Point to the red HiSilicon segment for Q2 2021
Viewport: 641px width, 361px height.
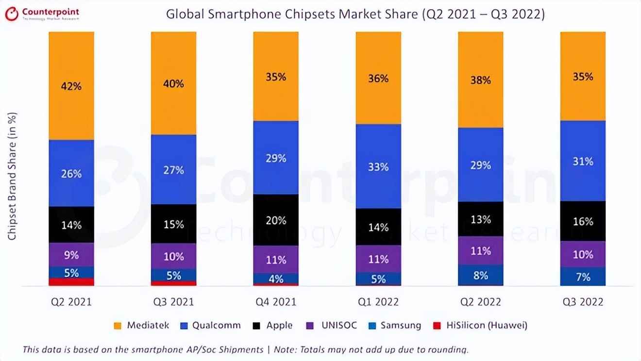click(71, 282)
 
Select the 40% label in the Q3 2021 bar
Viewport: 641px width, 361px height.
click(173, 84)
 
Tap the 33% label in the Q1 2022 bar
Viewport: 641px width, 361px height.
click(378, 167)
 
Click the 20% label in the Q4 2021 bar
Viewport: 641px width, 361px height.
click(276, 220)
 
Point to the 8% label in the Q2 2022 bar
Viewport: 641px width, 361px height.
click(481, 276)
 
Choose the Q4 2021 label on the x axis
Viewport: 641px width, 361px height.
click(276, 302)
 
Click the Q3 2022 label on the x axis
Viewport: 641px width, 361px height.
click(583, 302)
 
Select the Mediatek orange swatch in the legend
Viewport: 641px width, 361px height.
click(118, 326)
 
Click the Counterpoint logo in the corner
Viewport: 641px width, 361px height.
click(44, 14)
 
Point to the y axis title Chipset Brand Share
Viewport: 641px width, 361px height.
click(13, 176)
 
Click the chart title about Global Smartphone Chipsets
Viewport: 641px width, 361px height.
click(355, 14)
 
